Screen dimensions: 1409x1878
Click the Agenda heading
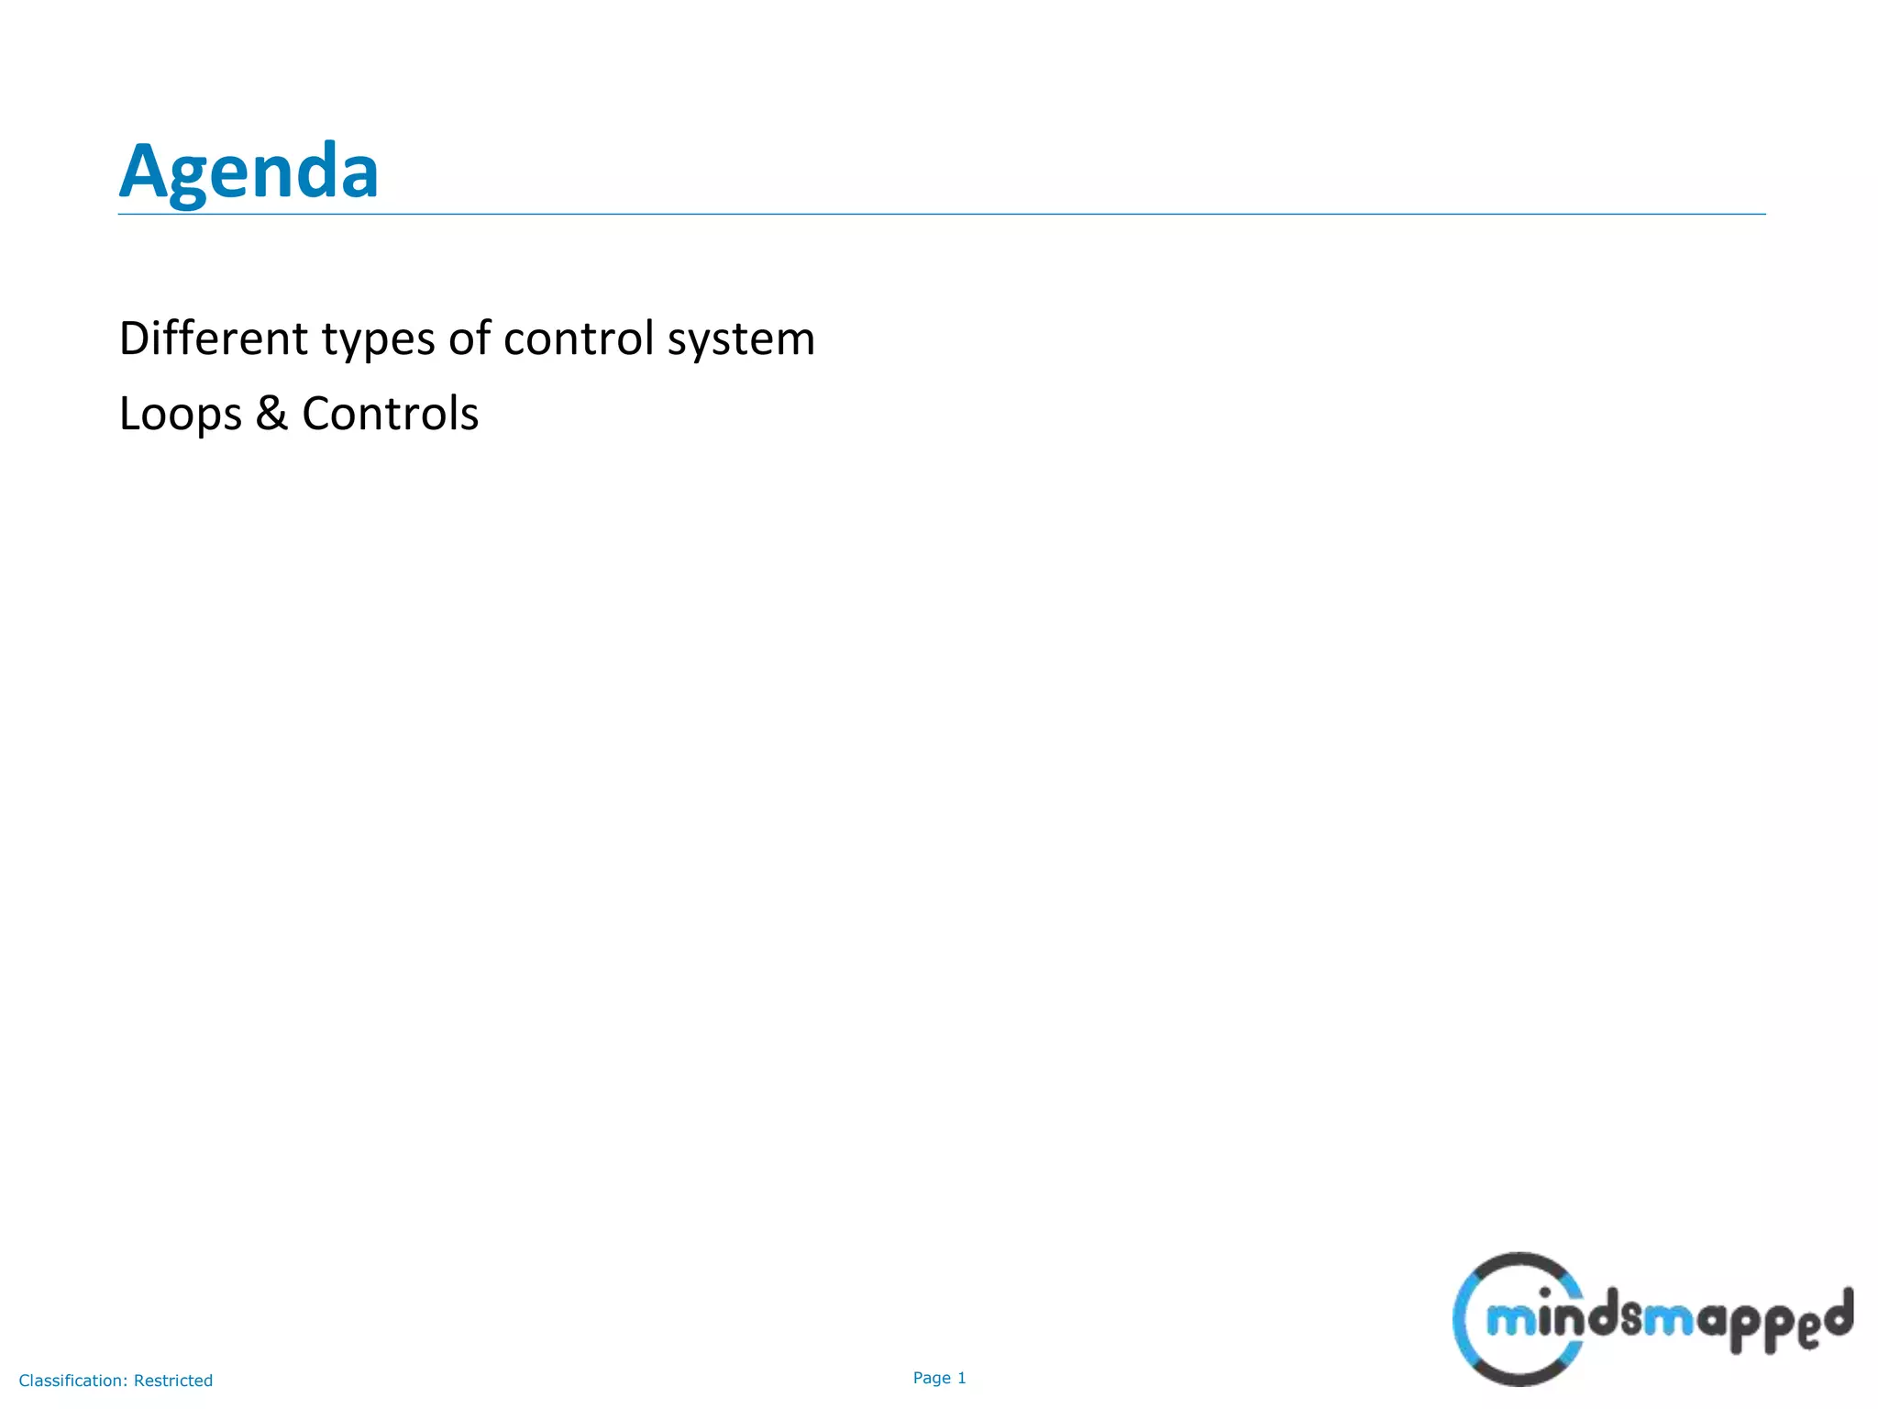coord(249,172)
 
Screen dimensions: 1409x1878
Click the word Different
coord(214,338)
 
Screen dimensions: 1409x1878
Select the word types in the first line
coord(378,339)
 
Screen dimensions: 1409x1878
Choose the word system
coord(741,341)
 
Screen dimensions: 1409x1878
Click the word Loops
coord(180,415)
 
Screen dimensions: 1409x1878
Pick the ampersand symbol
coord(271,413)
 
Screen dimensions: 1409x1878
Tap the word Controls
coord(390,413)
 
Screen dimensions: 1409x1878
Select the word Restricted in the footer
coord(173,1381)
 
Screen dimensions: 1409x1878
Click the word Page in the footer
coord(932,1378)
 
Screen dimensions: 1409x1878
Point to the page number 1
coord(962,1378)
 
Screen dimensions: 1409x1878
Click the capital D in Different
coord(135,338)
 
